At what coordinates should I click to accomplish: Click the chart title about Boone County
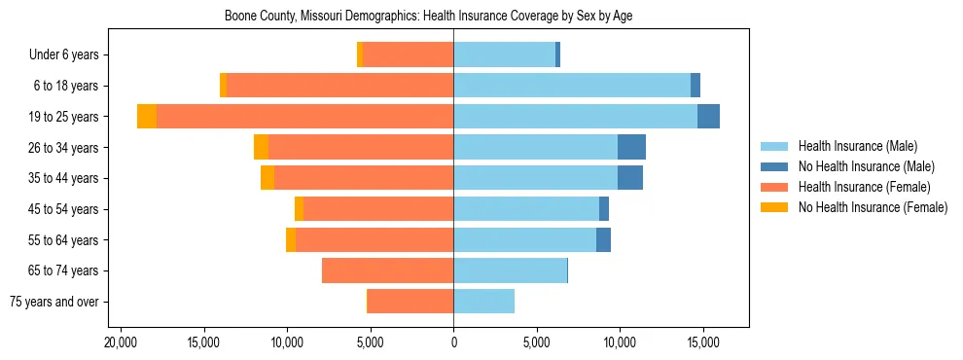429,17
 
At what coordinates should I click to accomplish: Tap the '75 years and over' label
53,302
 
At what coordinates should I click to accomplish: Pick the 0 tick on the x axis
453,343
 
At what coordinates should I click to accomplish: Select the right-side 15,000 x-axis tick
702,343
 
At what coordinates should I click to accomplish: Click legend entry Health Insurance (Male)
857,146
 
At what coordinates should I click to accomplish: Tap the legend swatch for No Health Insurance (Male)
774,166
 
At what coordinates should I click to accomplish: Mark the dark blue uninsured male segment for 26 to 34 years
631,147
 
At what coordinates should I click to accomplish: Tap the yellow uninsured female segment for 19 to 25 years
147,117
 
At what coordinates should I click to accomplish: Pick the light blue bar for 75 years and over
483,302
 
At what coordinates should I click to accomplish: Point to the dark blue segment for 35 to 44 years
630,178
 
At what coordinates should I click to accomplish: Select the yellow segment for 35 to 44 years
267,178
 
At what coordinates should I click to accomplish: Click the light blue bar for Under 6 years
504,54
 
